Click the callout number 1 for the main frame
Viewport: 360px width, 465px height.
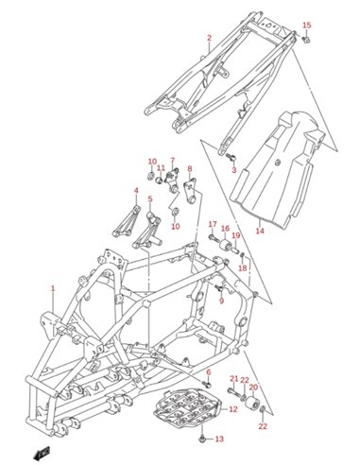[53, 288]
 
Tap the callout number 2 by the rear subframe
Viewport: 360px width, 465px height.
[210, 38]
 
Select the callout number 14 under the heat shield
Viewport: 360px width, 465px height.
[260, 231]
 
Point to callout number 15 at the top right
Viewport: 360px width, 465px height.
[307, 26]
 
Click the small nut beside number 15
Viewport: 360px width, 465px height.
[306, 40]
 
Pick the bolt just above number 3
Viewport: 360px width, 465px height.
[231, 157]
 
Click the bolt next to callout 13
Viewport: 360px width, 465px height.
[202, 439]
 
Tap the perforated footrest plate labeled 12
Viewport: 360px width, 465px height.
[187, 407]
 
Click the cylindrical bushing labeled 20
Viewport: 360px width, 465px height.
[252, 403]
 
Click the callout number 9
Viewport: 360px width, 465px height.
[221, 301]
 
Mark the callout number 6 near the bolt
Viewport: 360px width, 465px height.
[209, 372]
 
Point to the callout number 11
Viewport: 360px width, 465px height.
[161, 167]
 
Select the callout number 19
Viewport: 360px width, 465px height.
[236, 235]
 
